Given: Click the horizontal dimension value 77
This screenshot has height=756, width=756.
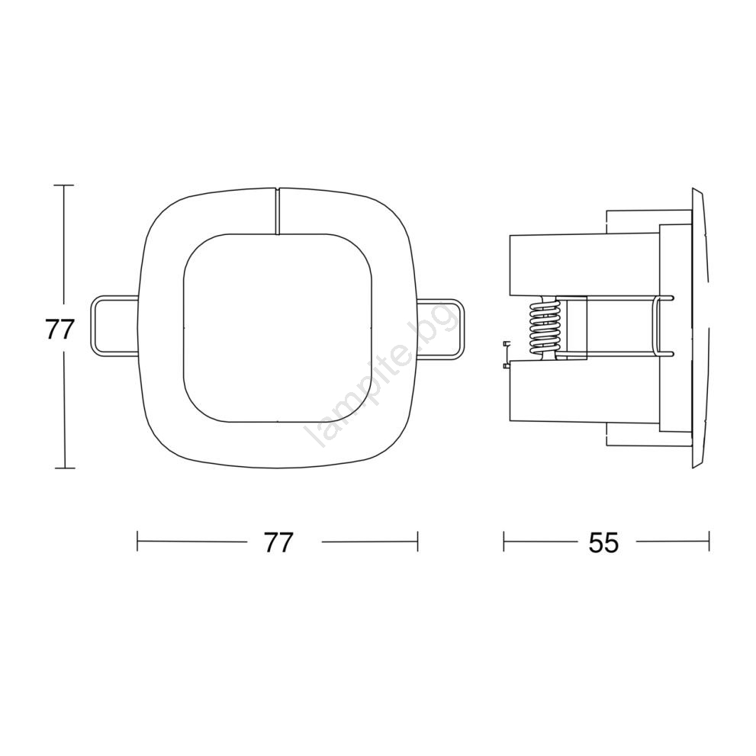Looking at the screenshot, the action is [x=278, y=543].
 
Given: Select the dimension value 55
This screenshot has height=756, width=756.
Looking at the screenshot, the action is [x=603, y=543].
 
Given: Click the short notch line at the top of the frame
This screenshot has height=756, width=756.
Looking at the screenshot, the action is [x=278, y=211].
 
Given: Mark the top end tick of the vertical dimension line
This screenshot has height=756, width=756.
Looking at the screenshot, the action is [x=64, y=185].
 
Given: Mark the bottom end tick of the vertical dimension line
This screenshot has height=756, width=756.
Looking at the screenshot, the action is [x=64, y=468].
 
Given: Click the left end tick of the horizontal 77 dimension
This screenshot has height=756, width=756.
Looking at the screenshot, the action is [x=137, y=542].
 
